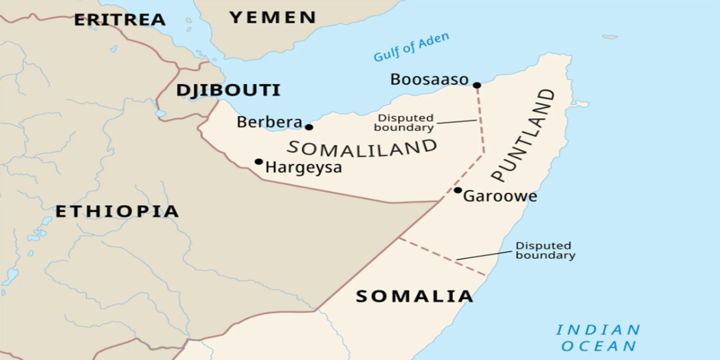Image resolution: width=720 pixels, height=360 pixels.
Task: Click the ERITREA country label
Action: tap(120, 20)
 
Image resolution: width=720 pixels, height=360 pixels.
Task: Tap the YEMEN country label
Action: tap(273, 17)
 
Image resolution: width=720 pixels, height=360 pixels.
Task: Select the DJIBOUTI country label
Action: tap(228, 90)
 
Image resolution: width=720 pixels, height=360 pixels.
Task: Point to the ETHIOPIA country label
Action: tap(117, 211)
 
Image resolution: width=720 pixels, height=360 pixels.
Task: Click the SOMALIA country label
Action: tap(414, 296)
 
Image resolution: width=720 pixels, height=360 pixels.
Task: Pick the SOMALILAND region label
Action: tap(362, 148)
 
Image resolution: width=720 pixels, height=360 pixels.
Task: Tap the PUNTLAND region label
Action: tap(523, 135)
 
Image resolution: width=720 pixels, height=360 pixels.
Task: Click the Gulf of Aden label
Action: tap(411, 47)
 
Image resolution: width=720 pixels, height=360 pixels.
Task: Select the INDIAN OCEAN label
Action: tap(598, 337)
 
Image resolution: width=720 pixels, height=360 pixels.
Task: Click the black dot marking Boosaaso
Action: tap(477, 85)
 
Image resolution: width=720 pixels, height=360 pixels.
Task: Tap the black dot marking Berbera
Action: tap(309, 127)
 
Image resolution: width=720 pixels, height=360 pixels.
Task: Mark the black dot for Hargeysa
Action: tap(259, 161)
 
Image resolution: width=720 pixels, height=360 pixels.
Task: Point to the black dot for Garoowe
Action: tap(458, 190)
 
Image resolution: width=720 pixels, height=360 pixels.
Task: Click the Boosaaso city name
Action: tap(429, 80)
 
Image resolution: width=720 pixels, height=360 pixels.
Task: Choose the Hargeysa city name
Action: tap(303, 168)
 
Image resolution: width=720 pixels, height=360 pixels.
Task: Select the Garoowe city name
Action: tap(500, 196)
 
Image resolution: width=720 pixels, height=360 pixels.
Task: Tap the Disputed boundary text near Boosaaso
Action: tap(406, 123)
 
